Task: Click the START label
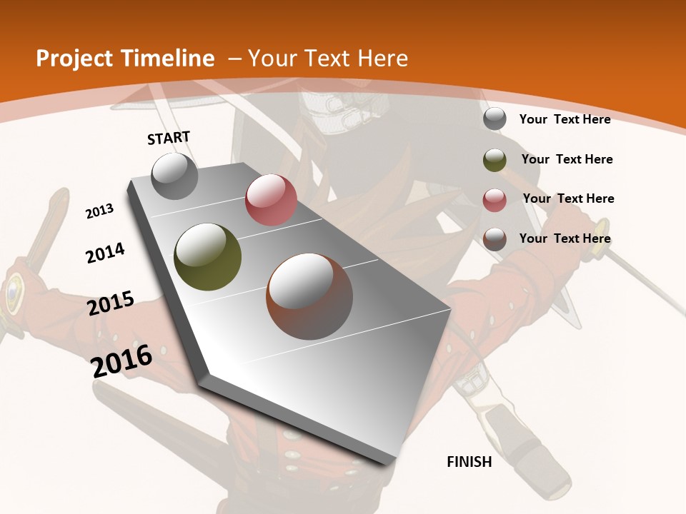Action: click(x=169, y=138)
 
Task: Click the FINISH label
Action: click(x=469, y=462)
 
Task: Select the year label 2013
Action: click(x=100, y=211)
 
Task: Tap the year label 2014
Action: click(x=105, y=253)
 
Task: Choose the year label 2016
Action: click(x=121, y=361)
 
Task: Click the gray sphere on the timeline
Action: click(x=175, y=176)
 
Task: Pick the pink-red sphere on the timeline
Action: click(x=271, y=200)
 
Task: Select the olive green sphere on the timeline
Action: click(x=208, y=257)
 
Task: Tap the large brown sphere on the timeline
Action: click(x=309, y=296)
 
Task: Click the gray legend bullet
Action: click(x=494, y=119)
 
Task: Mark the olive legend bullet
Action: click(x=494, y=160)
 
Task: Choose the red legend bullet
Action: click(x=494, y=200)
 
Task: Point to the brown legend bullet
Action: click(x=494, y=239)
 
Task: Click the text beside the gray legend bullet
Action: click(x=565, y=119)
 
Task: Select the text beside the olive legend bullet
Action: click(x=567, y=159)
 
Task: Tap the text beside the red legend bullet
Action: click(x=568, y=198)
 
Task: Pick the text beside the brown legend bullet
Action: click(x=565, y=238)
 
